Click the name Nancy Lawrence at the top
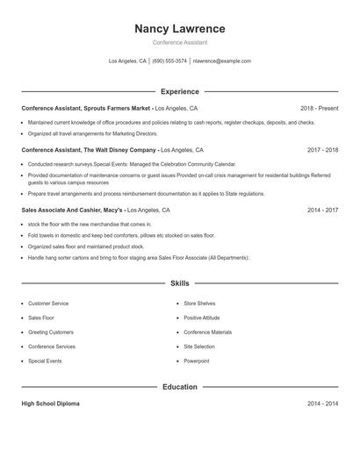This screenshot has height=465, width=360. coord(180,28)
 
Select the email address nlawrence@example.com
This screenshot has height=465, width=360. coord(221,61)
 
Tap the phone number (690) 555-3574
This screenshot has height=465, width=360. coord(169,61)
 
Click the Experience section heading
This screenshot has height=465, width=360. coord(180,91)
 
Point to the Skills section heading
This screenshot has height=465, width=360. coord(180,283)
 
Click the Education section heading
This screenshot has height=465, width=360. coord(180,386)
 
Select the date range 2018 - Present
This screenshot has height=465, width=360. coord(319,108)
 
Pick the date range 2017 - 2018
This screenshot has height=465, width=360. coord(322,150)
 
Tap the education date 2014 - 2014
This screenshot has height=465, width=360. coord(322,404)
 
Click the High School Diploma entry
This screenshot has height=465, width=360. coord(50,404)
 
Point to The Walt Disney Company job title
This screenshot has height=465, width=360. coord(89,150)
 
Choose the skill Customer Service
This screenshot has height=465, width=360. coord(48,304)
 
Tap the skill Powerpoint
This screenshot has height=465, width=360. coord(197,361)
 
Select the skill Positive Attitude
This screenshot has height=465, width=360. coord(202,318)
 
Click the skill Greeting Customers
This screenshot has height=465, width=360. coord(51,333)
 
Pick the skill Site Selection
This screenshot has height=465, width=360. coord(199,347)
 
